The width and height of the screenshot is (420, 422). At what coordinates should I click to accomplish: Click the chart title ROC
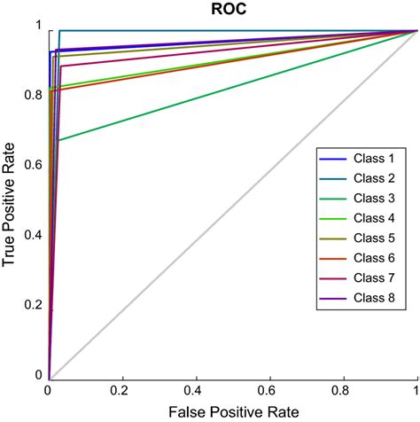(232, 10)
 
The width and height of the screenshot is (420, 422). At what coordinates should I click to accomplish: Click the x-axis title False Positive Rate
(232, 410)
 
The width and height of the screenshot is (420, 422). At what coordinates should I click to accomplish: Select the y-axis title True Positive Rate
(11, 204)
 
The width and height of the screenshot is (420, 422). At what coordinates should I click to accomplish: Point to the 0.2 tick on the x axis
(122, 390)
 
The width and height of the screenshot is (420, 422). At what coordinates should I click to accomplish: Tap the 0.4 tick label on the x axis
(196, 390)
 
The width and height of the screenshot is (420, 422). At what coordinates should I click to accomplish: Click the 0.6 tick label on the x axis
(269, 390)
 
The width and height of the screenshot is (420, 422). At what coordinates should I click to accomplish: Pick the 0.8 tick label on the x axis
(343, 390)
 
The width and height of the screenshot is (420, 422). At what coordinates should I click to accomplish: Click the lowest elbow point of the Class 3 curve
(58, 140)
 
